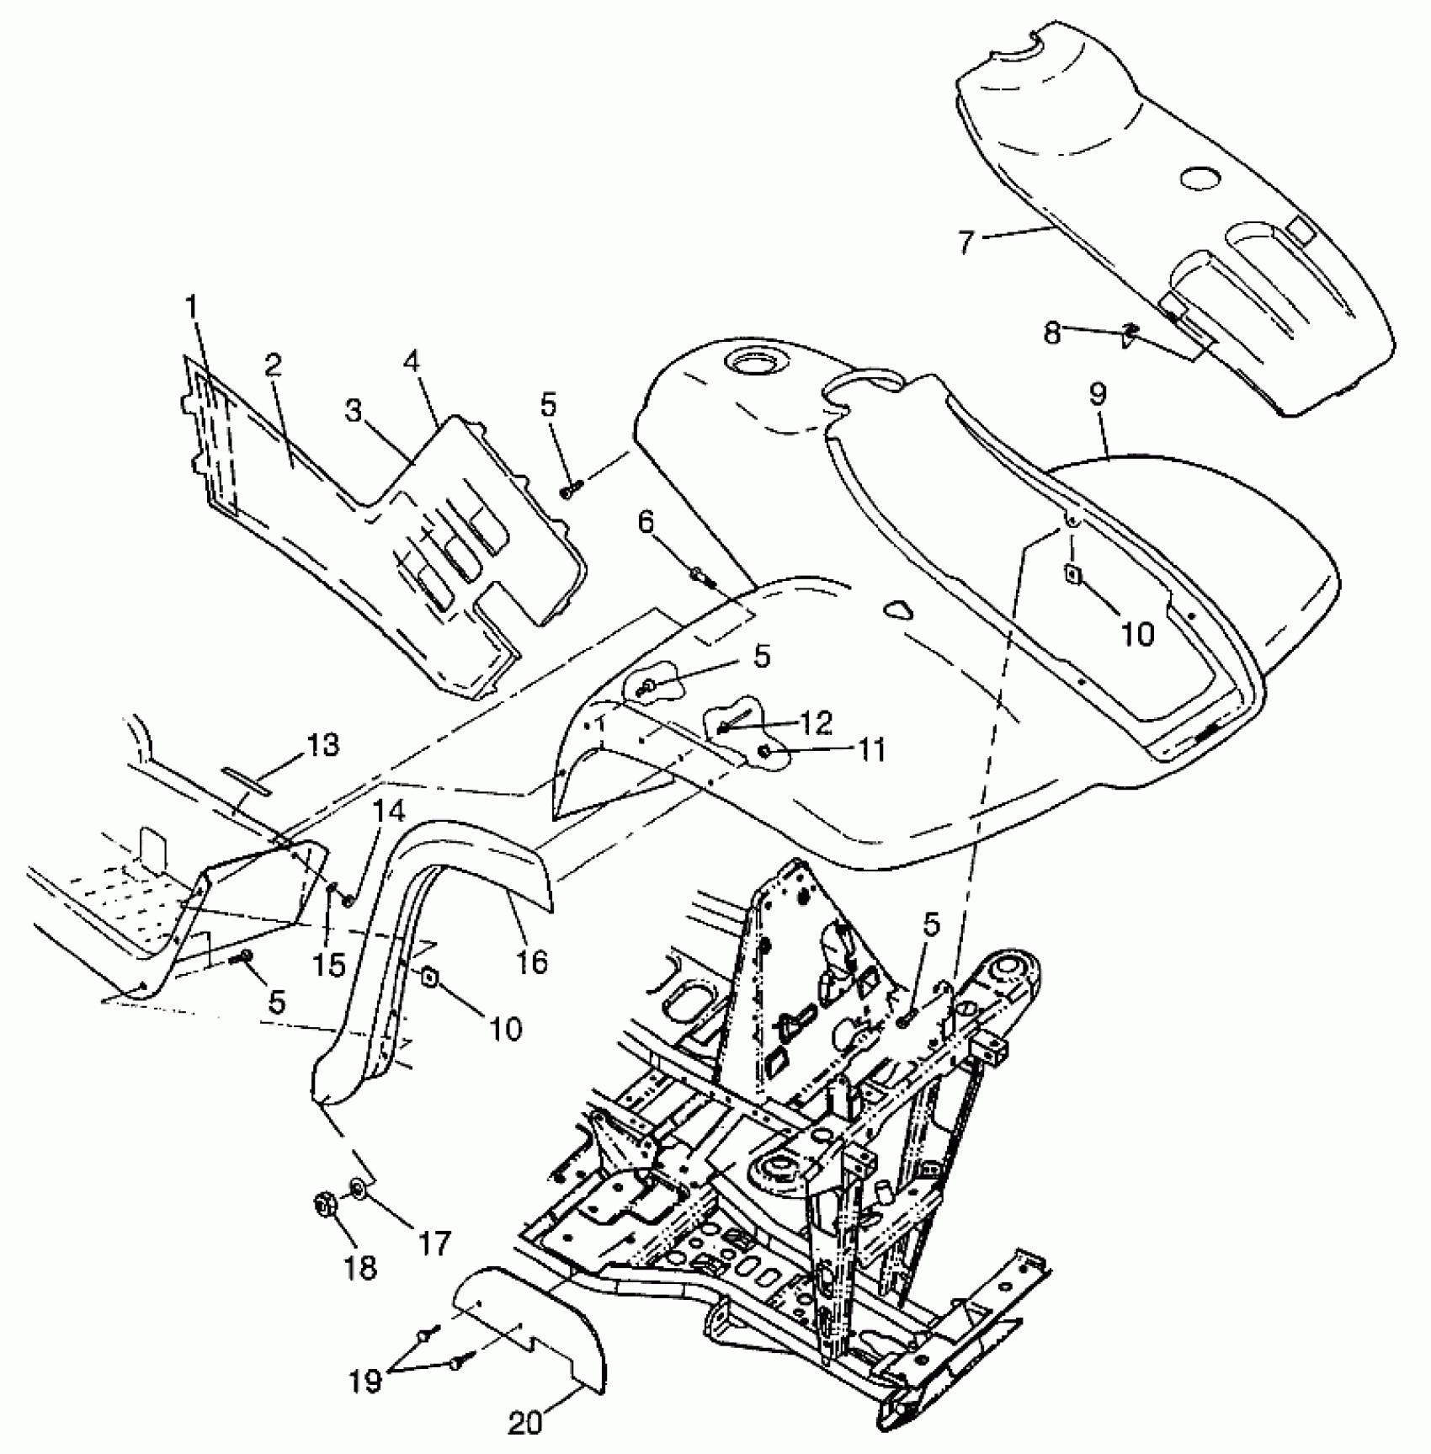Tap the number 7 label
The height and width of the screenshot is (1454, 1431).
coord(966,242)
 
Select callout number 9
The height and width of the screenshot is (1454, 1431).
coord(1099,395)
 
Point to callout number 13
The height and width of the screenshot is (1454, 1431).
coord(323,744)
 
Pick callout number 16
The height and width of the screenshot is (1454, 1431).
coord(533,961)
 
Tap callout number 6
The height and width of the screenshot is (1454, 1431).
coord(646,523)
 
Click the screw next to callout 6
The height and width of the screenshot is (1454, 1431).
coord(701,576)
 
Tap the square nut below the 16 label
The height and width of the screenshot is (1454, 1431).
coord(428,976)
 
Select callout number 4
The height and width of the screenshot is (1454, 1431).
coord(411,364)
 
